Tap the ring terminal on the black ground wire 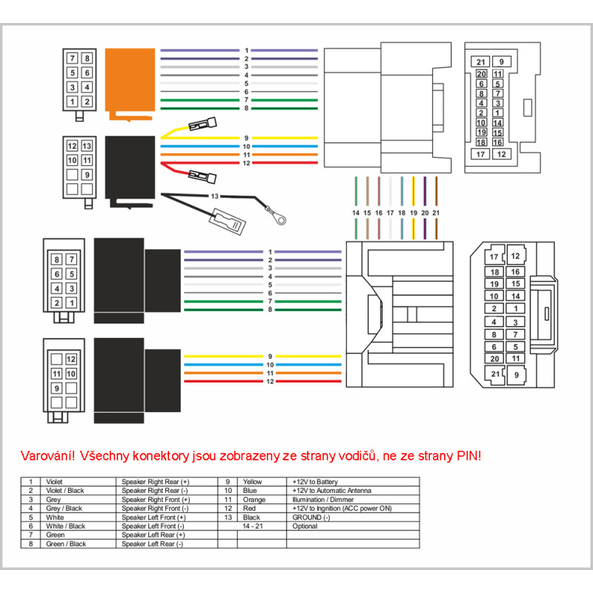point(279,219)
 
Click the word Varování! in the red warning point(49,455)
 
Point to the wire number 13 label point(215,196)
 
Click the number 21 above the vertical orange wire point(436,213)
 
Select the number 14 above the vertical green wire point(356,213)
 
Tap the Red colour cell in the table point(249,508)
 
